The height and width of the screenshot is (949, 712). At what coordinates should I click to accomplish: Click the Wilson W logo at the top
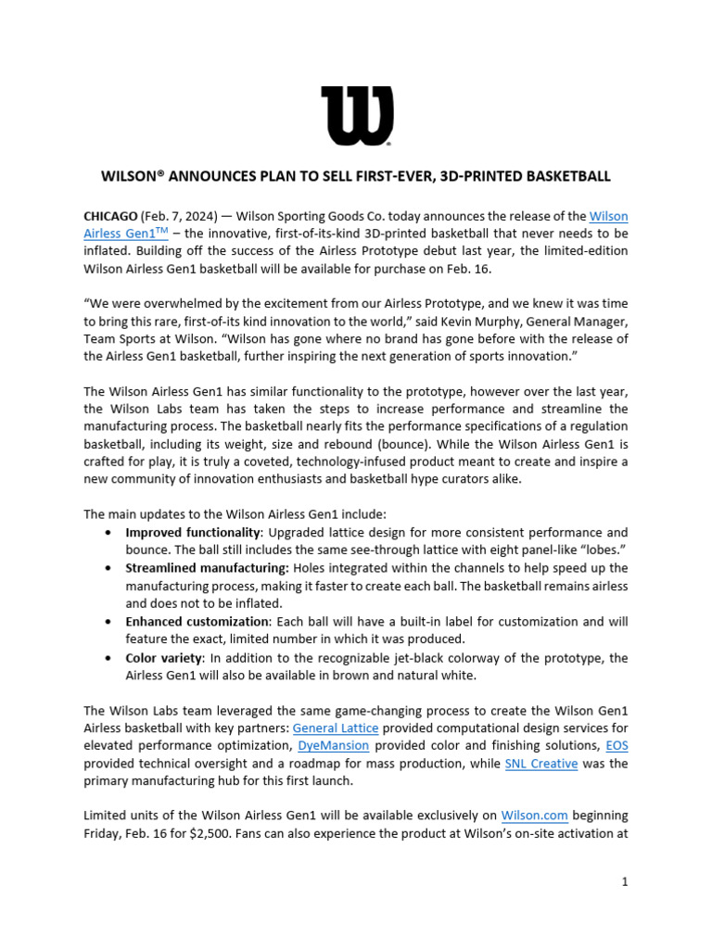pyautogui.click(x=357, y=116)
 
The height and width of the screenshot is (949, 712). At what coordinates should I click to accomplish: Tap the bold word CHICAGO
pyautogui.click(x=110, y=216)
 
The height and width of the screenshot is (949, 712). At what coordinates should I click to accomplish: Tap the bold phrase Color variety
pyautogui.click(x=163, y=658)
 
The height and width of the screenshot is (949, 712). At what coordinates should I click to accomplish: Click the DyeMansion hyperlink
pyautogui.click(x=333, y=745)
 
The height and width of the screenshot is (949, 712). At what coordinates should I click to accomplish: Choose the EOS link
pyautogui.click(x=617, y=745)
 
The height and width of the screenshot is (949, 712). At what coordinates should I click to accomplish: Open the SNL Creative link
pyautogui.click(x=540, y=764)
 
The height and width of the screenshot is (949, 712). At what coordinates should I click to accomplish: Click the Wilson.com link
pyautogui.click(x=534, y=816)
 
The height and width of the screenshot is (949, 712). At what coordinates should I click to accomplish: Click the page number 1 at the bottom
pyautogui.click(x=625, y=883)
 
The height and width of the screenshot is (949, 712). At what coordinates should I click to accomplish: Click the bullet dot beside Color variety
pyautogui.click(x=110, y=659)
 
